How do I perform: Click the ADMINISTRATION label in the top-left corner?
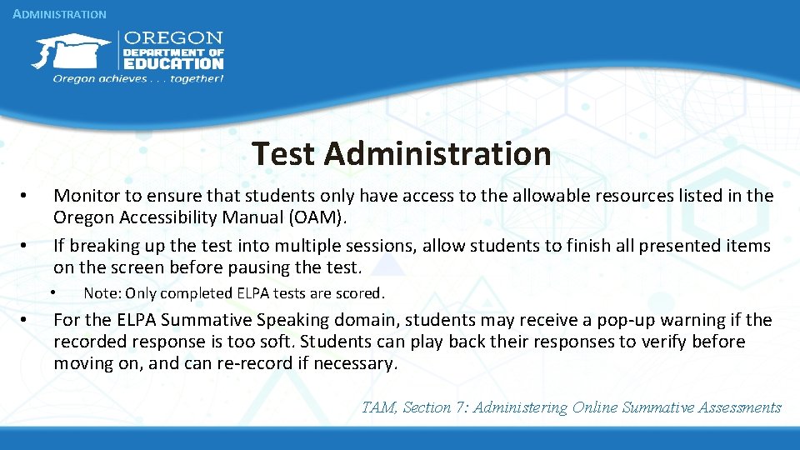60,14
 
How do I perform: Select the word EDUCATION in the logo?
173,63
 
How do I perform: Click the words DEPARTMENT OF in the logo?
173,52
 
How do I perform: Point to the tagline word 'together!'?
197,78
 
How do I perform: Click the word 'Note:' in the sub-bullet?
102,293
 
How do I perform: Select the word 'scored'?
364,293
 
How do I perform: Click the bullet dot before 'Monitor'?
27,197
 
